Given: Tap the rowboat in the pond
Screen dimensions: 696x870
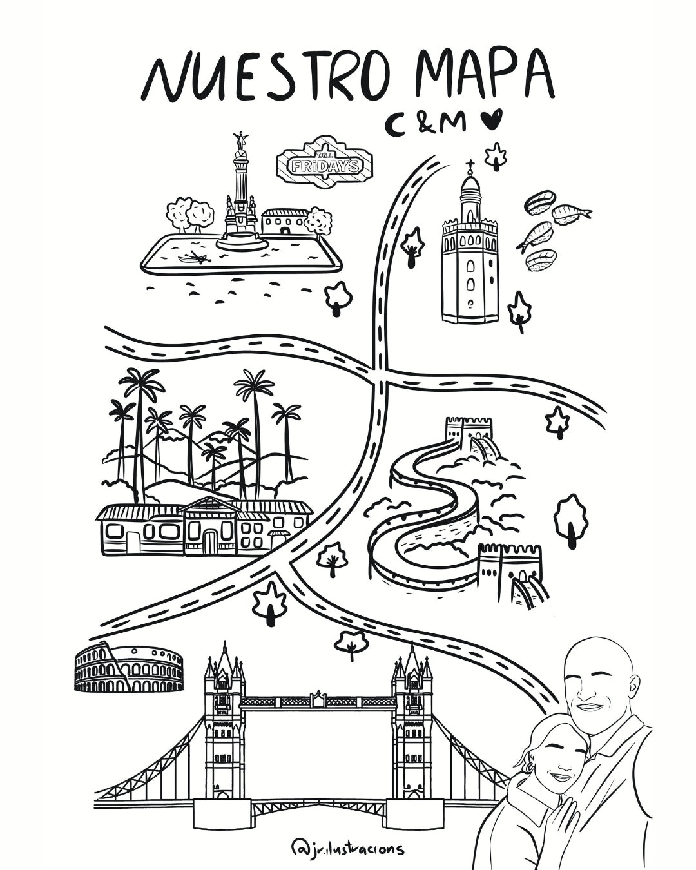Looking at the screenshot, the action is pos(195,258).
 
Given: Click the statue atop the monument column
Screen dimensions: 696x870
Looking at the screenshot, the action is pos(242,142).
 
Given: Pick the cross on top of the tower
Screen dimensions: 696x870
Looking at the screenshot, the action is pos(470,165).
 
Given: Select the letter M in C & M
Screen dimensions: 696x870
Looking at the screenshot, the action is pos(452,122).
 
